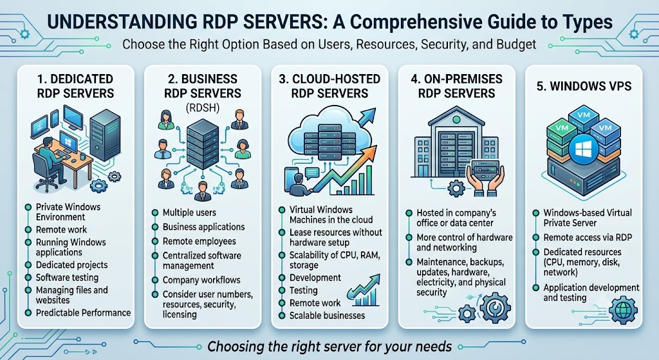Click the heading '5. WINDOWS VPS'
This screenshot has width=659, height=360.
(x=584, y=86)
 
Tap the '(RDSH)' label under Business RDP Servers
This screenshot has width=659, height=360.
(x=203, y=108)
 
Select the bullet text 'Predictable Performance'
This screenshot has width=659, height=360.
(x=83, y=313)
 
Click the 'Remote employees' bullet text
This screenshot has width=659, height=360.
(x=200, y=242)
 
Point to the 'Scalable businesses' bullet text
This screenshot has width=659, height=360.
(x=327, y=316)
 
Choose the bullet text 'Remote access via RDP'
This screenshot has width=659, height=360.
(x=588, y=238)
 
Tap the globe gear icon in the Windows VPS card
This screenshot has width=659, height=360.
(x=623, y=310)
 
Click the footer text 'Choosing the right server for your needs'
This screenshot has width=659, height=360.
(x=329, y=347)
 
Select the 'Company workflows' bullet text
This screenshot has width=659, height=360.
(x=201, y=280)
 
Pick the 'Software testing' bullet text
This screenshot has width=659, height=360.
(x=67, y=278)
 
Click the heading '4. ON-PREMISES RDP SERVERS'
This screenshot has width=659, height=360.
(x=456, y=86)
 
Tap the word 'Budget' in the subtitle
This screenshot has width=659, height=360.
(x=516, y=44)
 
